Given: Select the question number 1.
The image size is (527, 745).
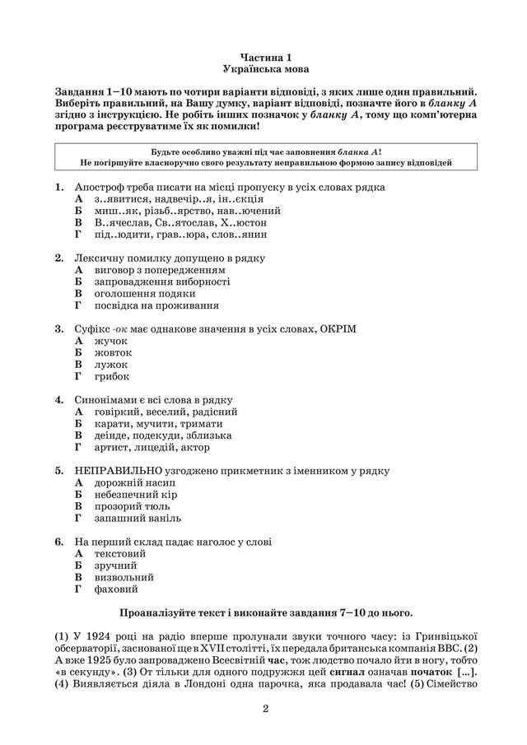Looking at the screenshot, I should [59, 188].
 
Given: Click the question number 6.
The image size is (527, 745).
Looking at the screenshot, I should [59, 542].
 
